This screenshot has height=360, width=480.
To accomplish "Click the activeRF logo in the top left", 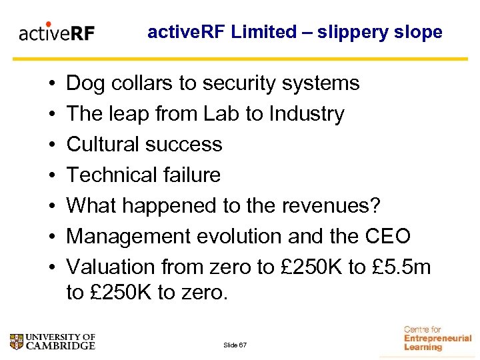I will coord(57,33).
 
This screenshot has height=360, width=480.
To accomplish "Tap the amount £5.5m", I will coord(401,267).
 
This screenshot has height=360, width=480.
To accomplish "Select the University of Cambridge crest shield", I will coord(17,342).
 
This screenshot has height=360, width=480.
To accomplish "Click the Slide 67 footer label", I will coord(235,344).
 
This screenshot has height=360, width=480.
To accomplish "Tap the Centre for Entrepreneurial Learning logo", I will coord(437,338).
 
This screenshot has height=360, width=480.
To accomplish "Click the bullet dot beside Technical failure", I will coord(51,176).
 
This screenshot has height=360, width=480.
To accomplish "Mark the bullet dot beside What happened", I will coord(51,207).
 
